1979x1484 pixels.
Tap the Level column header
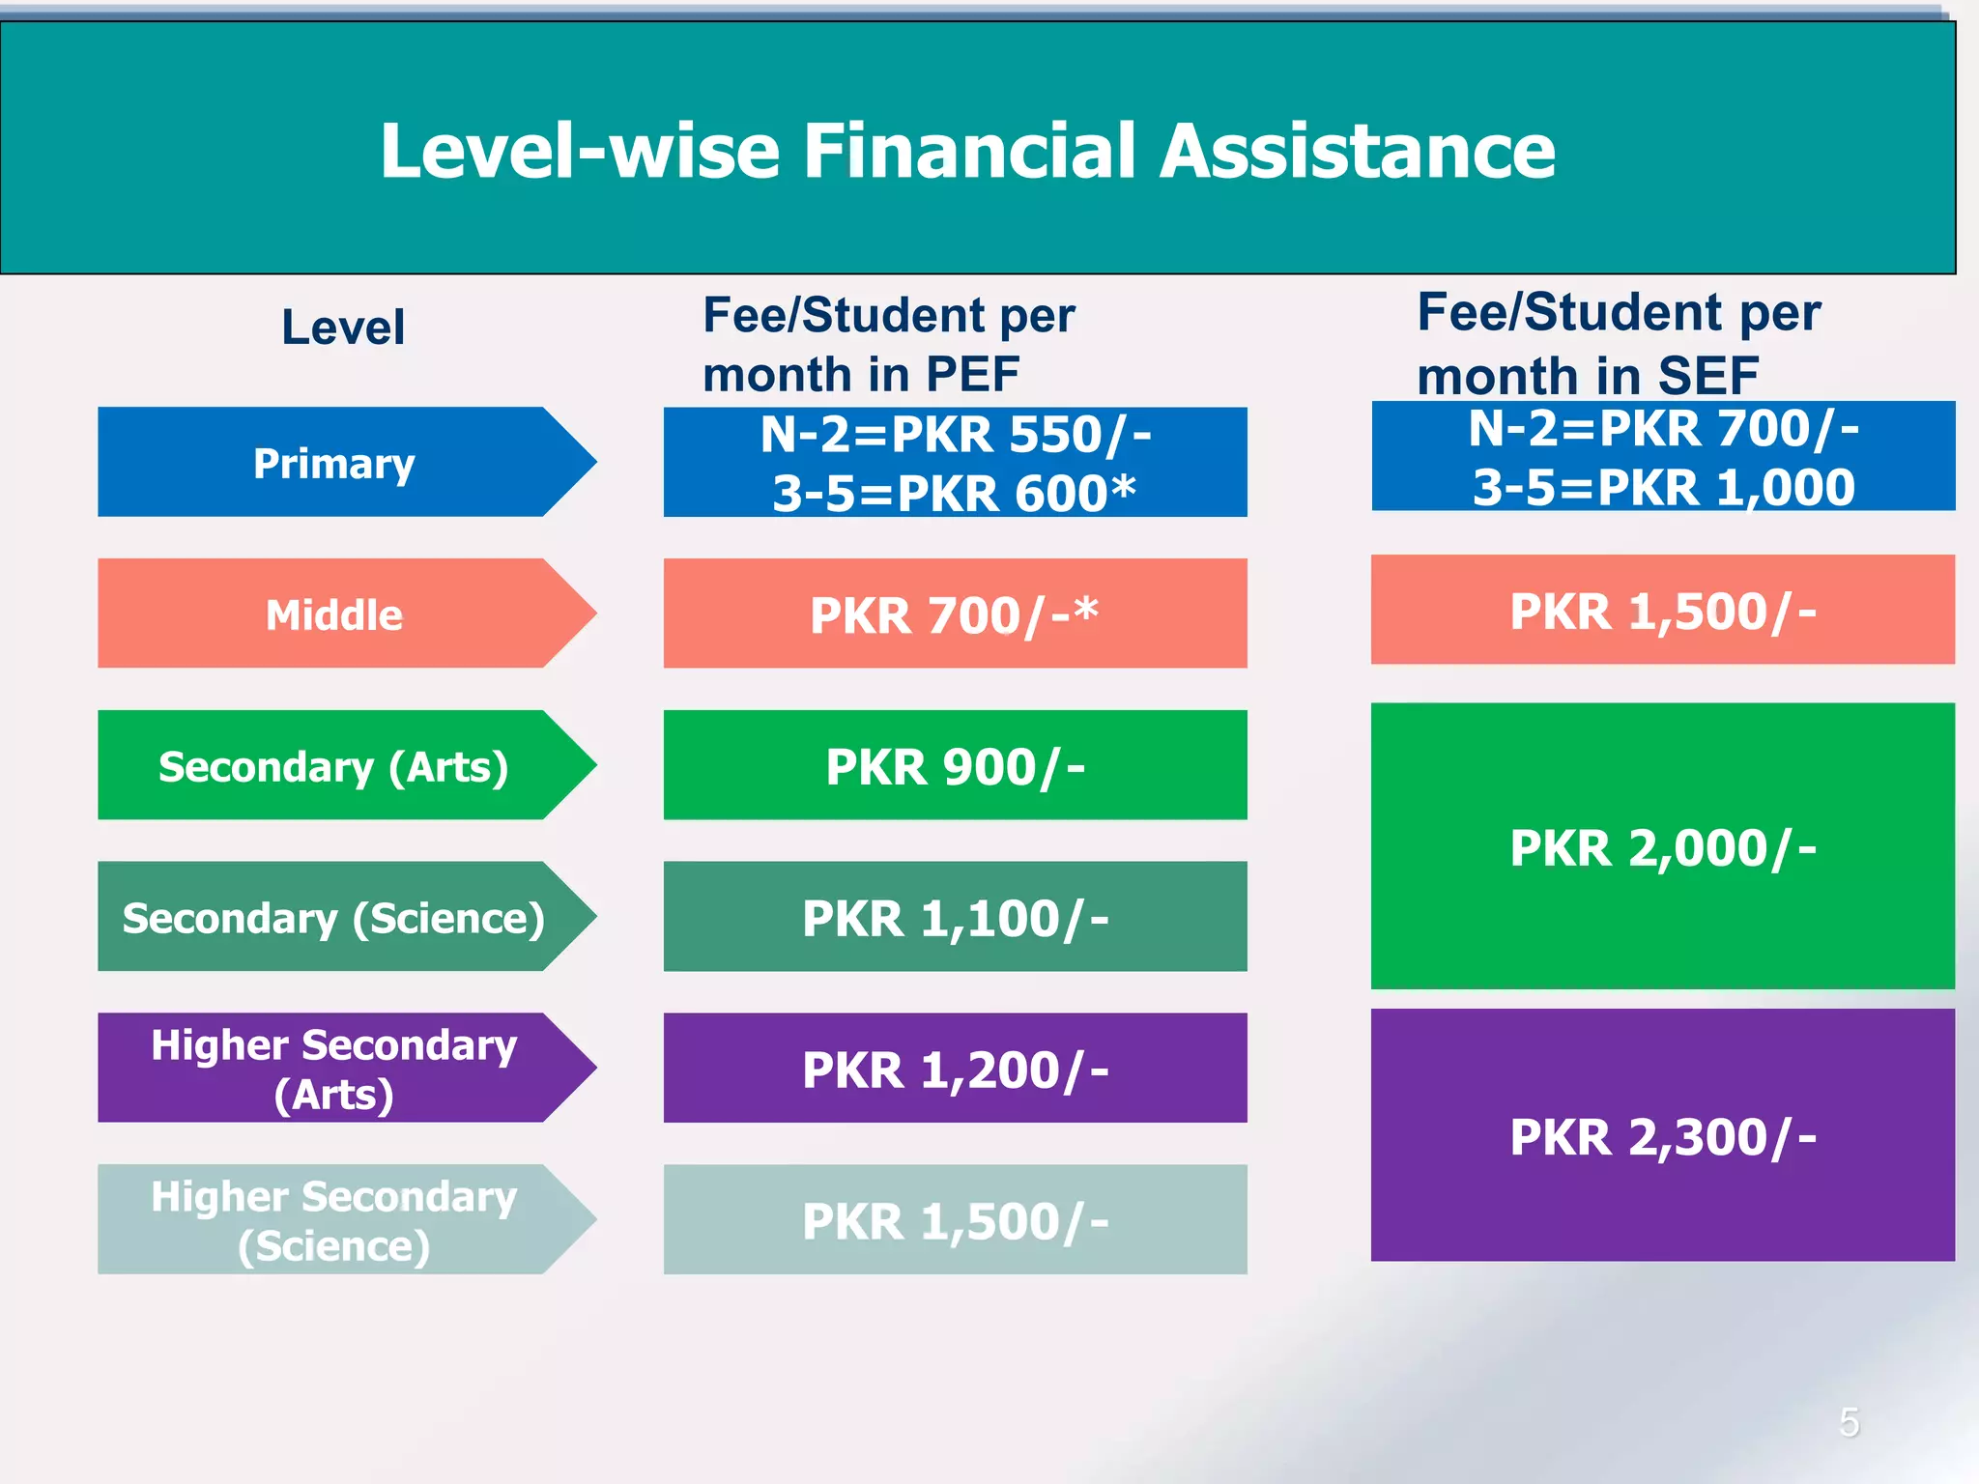pos(343,327)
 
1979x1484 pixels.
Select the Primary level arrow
pos(334,463)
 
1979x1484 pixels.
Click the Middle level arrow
pos(334,614)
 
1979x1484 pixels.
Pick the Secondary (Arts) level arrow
pos(334,766)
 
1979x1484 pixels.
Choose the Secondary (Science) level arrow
pos(334,917)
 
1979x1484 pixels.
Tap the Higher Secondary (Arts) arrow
pos(334,1069)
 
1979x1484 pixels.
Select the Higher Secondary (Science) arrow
pos(334,1219)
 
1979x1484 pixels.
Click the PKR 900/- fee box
pos(955,766)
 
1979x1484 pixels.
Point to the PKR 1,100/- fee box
pos(955,917)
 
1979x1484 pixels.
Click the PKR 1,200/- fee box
pos(955,1069)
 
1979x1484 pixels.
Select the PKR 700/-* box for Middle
pos(955,614)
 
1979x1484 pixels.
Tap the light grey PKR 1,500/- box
pos(955,1219)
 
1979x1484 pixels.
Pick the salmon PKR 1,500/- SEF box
pos(1662,611)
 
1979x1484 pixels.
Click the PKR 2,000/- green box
pos(1662,847)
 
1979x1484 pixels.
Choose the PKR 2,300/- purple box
pos(1662,1136)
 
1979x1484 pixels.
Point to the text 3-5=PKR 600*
pos(955,493)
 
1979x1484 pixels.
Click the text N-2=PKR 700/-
pos(1663,428)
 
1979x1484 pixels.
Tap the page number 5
pos(1849,1422)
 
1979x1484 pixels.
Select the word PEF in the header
pos(972,375)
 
